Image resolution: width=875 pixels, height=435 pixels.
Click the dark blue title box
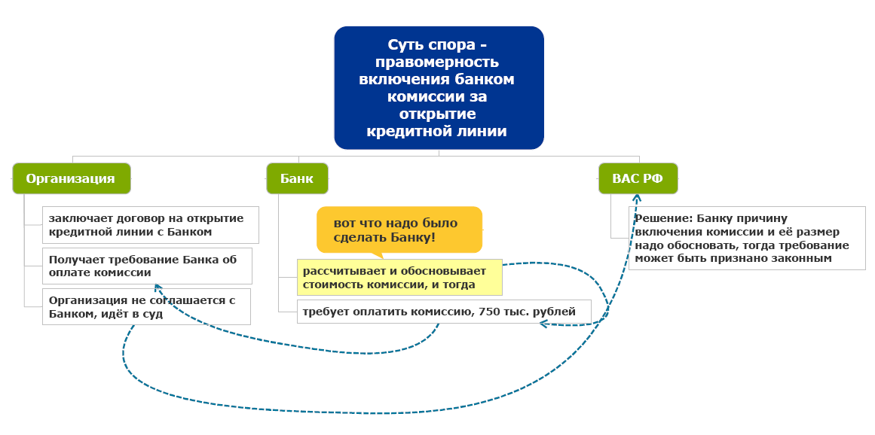pyautogui.click(x=439, y=87)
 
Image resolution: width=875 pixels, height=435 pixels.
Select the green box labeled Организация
pyautogui.click(x=71, y=178)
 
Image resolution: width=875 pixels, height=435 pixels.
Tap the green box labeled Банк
pyautogui.click(x=297, y=178)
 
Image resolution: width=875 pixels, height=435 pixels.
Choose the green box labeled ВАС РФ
pyautogui.click(x=638, y=178)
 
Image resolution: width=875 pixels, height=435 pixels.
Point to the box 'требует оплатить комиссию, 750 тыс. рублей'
pyautogui.click(x=444, y=311)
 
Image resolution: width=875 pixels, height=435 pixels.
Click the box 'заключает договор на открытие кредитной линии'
pyautogui.click(x=150, y=225)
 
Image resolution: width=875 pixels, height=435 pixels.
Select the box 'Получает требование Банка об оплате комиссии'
pyautogui.click(x=146, y=266)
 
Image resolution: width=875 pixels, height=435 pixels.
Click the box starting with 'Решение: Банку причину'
pyautogui.click(x=746, y=238)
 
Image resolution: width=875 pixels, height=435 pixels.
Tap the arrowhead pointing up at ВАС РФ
pyautogui.click(x=637, y=199)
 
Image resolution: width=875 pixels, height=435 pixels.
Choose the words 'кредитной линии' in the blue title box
pyautogui.click(x=438, y=131)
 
